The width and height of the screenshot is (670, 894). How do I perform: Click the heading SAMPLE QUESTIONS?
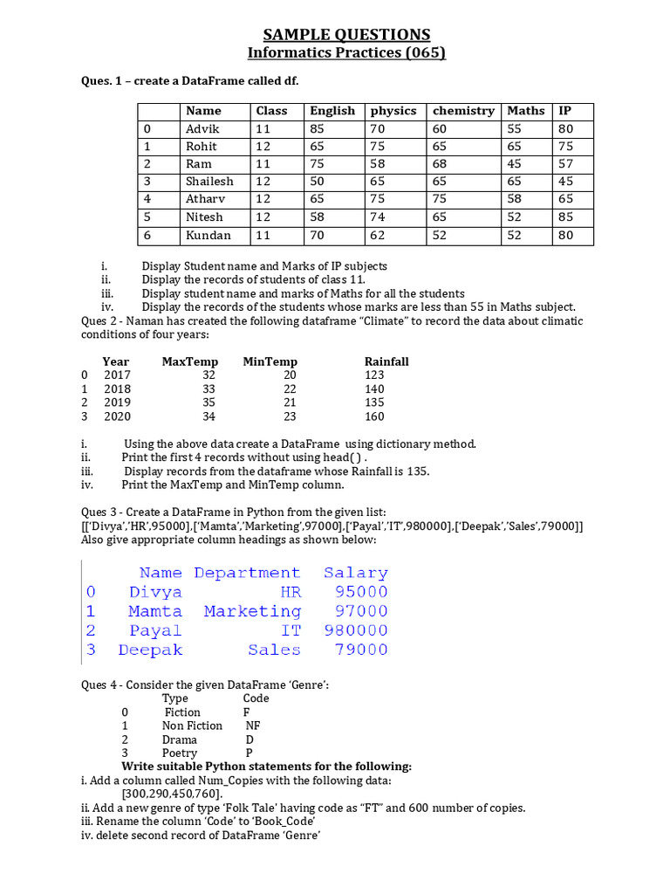pyautogui.click(x=346, y=34)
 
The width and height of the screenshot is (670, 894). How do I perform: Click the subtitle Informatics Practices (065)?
pyautogui.click(x=346, y=53)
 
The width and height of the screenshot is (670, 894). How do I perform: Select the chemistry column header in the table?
pyautogui.click(x=463, y=111)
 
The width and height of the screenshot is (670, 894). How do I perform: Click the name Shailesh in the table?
pyautogui.click(x=209, y=182)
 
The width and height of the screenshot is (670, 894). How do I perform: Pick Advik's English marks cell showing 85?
pyautogui.click(x=318, y=129)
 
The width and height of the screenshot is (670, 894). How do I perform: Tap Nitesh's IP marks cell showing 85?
pyautogui.click(x=566, y=217)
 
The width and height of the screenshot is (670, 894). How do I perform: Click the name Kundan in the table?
pyautogui.click(x=209, y=235)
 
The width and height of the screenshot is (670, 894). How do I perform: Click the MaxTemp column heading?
pyautogui.click(x=190, y=361)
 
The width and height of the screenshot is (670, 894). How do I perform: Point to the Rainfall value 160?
pyautogui.click(x=374, y=416)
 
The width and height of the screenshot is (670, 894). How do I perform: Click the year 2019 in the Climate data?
pyautogui.click(x=117, y=402)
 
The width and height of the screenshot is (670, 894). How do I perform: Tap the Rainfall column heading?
pyautogui.click(x=386, y=361)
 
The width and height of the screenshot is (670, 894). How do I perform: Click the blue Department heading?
pyautogui.click(x=247, y=573)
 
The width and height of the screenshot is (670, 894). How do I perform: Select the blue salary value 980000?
pyautogui.click(x=355, y=630)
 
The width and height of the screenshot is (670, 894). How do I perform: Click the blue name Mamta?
pyautogui.click(x=155, y=611)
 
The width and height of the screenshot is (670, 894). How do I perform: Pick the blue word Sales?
pyautogui.click(x=274, y=650)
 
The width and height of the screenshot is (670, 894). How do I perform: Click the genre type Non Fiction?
pyautogui.click(x=192, y=726)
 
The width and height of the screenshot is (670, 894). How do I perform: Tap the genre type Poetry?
pyautogui.click(x=180, y=753)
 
